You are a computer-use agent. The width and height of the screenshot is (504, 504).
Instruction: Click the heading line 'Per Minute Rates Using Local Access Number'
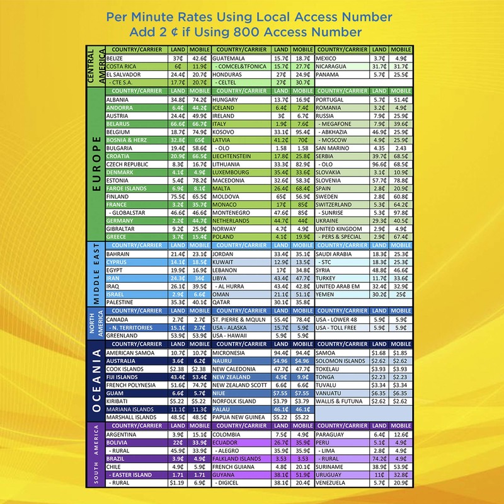coord(249,16)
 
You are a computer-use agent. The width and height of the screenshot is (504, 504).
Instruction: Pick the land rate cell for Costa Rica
coord(178,66)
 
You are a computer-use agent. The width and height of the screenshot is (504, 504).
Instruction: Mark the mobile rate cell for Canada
coord(200,319)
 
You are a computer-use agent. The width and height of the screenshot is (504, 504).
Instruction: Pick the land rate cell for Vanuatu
coord(379,392)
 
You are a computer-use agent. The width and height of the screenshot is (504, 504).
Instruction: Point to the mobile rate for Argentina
coord(200,434)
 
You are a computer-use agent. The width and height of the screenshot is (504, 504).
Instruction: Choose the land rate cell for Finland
coord(178,197)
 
